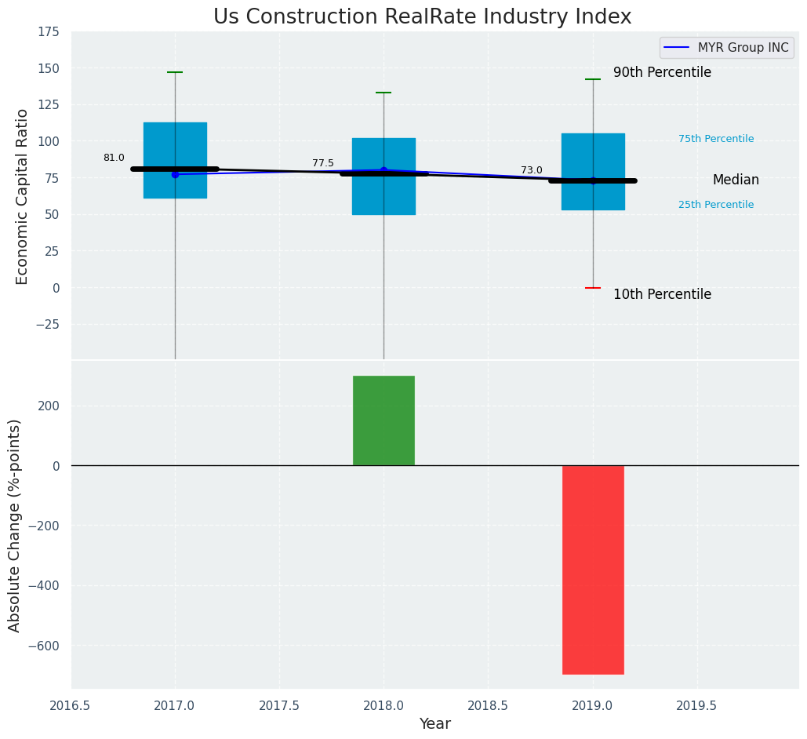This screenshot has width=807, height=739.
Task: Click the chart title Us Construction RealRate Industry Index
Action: [422, 16]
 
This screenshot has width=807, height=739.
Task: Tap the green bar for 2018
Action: [384, 420]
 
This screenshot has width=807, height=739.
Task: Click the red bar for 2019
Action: [593, 570]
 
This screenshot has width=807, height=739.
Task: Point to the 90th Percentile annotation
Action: [662, 72]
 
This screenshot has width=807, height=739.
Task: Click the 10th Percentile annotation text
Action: [662, 294]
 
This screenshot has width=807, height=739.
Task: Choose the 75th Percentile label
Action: [715, 139]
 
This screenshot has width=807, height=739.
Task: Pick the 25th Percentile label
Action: [715, 205]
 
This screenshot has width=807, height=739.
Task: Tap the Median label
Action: [735, 180]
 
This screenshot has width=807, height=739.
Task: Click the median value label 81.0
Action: [114, 158]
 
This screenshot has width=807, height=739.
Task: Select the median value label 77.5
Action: [322, 163]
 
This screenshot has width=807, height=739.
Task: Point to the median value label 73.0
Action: [531, 170]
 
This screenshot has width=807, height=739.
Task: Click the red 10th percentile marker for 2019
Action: [593, 288]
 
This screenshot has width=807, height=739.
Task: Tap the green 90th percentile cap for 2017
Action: [175, 72]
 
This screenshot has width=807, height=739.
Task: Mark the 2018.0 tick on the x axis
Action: [384, 705]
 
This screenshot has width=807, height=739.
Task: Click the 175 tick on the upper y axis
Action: [48, 31]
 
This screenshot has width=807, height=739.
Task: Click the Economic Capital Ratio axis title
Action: [22, 196]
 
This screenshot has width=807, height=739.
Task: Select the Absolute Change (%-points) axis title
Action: [14, 525]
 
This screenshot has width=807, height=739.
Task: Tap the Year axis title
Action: [434, 724]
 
